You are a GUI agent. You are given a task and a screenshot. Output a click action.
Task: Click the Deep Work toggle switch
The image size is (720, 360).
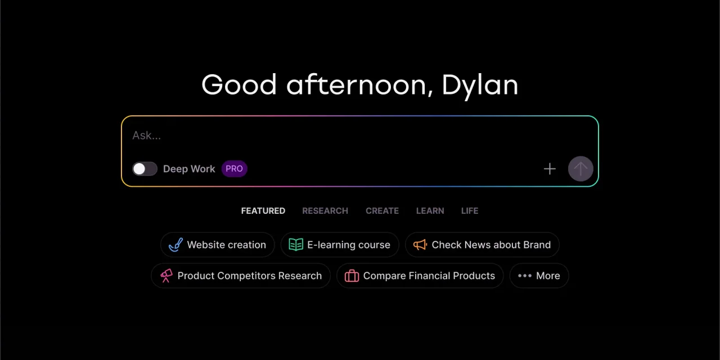145,169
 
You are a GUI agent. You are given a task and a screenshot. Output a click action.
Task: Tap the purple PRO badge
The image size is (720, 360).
235,169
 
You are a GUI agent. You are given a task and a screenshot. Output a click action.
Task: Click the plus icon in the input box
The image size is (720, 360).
550,169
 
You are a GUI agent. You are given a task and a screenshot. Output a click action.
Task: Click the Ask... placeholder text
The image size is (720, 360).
147,136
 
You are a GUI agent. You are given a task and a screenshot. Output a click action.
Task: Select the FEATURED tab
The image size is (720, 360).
263,211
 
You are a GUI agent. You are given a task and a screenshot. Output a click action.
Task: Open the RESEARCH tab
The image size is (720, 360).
325,211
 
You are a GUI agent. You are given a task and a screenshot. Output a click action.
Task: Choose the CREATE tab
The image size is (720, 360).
382,211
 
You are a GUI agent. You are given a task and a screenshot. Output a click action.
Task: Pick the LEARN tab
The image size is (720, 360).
430,211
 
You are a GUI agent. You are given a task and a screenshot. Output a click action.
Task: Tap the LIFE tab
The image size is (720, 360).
470,211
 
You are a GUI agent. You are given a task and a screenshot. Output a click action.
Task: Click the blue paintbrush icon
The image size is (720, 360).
176,245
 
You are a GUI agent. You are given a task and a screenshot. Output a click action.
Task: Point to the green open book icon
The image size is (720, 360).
296,245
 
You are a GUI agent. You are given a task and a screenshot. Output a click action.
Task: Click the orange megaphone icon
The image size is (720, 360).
420,245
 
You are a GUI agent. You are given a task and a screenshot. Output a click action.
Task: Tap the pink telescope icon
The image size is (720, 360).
166,276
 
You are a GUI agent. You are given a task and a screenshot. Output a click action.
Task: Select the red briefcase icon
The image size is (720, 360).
352,276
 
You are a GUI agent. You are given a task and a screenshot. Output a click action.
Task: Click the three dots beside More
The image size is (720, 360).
525,276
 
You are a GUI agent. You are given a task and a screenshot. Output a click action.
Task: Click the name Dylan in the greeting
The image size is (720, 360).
480,85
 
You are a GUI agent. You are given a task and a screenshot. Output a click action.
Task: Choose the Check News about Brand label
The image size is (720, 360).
491,245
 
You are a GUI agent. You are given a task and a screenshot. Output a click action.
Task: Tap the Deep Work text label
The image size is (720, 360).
189,169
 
